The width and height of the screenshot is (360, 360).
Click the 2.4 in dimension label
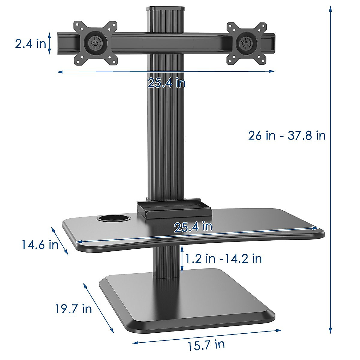pos(31,43)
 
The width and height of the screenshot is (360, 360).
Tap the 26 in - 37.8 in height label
pos(287,136)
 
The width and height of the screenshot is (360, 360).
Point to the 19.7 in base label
pos(73,309)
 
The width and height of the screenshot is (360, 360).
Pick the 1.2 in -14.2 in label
pos(223,258)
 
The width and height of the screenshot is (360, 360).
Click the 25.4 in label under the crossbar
pos(166,83)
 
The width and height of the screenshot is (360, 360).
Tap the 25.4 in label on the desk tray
pos(193,226)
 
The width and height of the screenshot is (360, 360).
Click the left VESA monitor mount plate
pos(95,43)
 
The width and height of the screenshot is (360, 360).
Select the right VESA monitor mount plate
pos(247,43)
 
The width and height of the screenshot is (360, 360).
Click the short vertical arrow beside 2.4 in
pos(50,43)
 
